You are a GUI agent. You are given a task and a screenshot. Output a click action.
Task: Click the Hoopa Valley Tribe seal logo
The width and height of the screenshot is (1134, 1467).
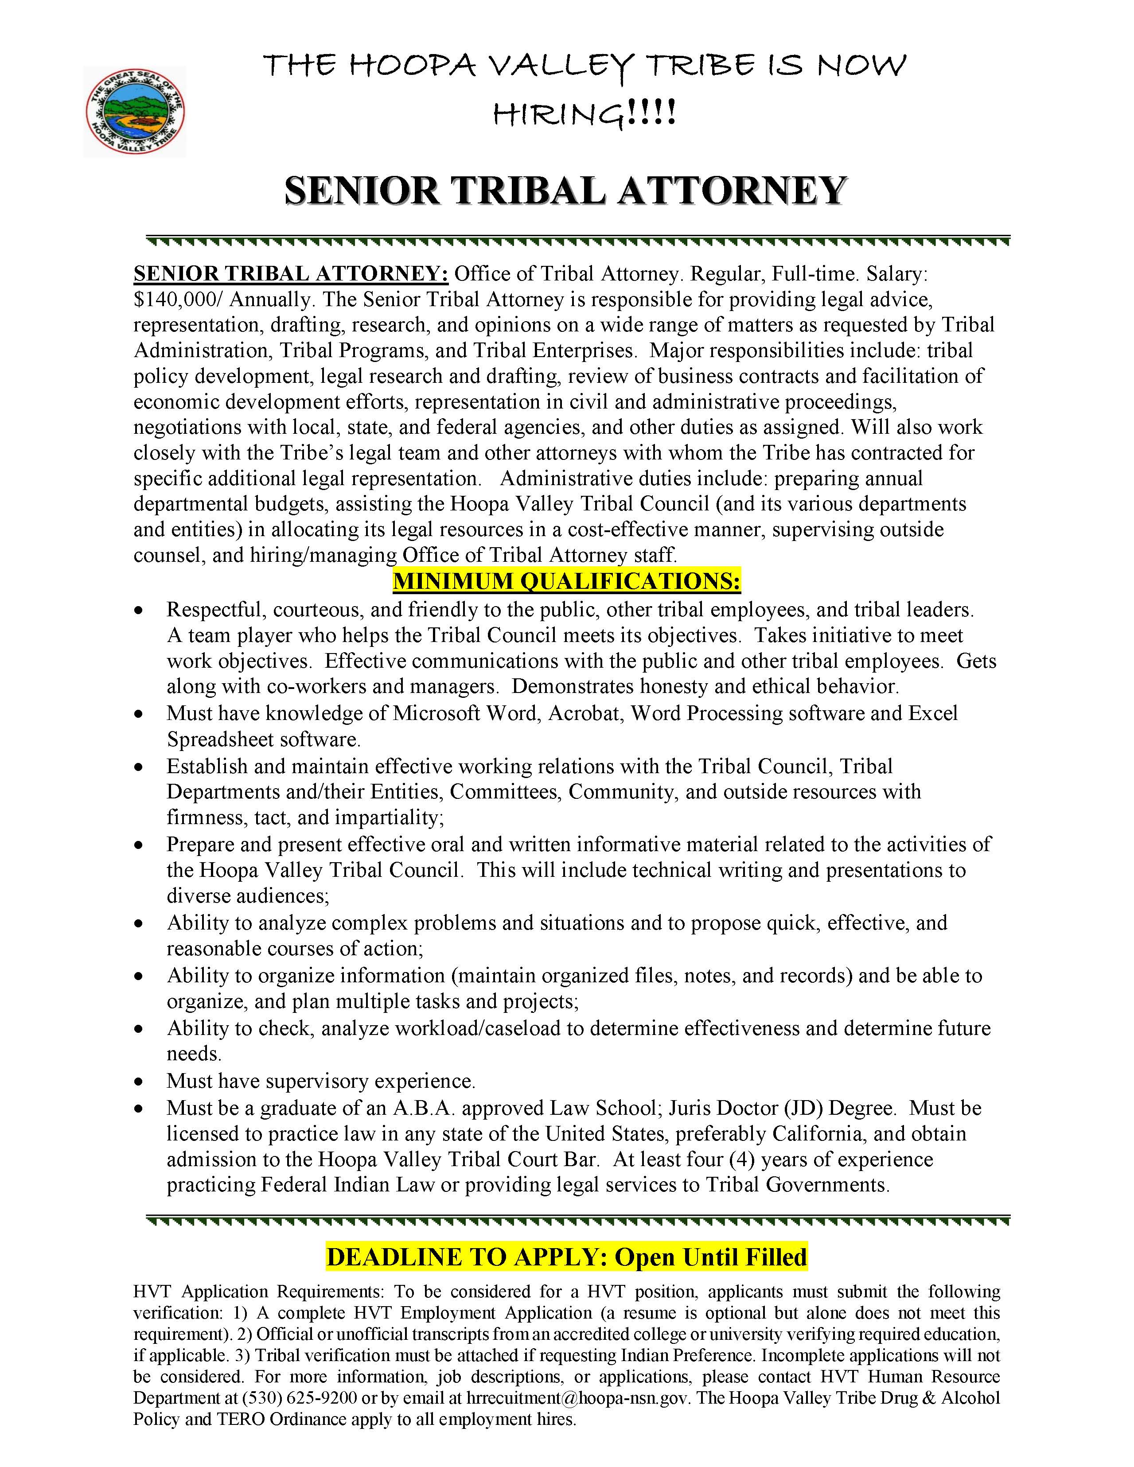pos(134,112)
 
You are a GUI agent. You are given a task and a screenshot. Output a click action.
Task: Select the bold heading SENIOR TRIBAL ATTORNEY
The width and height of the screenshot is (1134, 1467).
pos(565,191)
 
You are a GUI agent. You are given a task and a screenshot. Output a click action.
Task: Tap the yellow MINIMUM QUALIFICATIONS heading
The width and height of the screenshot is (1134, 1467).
pos(566,581)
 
